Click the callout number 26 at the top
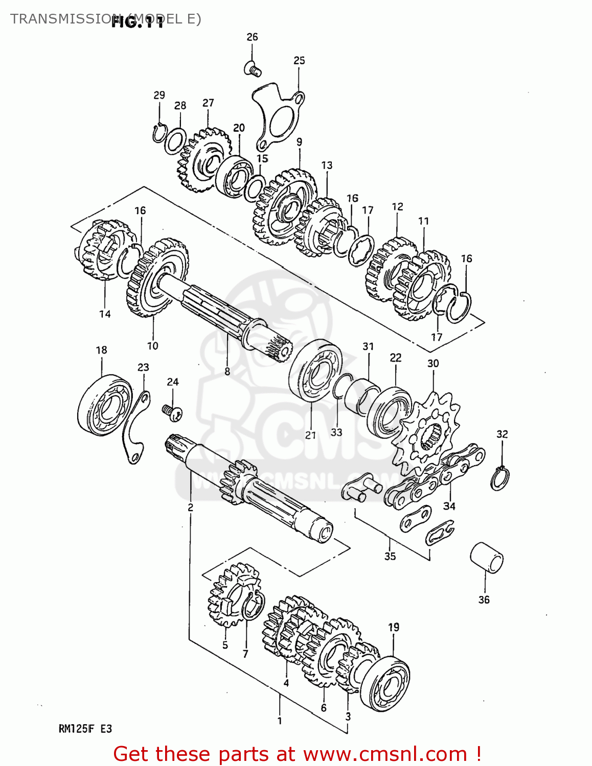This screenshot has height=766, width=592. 252,37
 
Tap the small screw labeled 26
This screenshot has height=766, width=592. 253,68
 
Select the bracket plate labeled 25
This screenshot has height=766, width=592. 277,117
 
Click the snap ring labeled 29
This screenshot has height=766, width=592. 159,133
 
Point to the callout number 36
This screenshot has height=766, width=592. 484,600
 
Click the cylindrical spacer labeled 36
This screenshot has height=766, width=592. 486,557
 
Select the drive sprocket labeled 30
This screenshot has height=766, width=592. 429,434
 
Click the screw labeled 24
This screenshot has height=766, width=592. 173,412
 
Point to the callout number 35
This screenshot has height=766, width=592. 390,556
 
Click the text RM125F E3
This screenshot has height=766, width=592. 85,729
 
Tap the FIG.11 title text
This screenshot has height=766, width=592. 137,21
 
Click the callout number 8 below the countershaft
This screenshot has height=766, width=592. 227,372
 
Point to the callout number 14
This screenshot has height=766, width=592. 105,314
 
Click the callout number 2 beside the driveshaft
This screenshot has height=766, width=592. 190,507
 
